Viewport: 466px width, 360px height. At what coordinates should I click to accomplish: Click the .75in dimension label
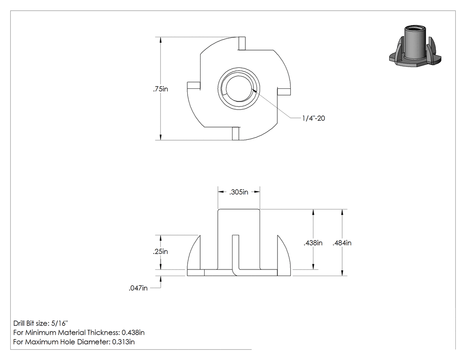pyautogui.click(x=161, y=89)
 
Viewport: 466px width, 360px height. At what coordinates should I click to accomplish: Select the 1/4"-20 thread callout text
pyautogui.click(x=313, y=119)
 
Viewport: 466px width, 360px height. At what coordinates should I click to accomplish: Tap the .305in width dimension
pyautogui.click(x=239, y=192)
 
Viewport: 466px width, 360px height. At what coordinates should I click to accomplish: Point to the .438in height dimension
pyautogui.click(x=313, y=243)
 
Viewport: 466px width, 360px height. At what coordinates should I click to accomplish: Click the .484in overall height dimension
pyautogui.click(x=342, y=243)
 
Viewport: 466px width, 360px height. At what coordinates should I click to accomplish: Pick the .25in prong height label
pyautogui.click(x=161, y=252)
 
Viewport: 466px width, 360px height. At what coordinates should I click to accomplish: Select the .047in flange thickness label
pyautogui.click(x=138, y=288)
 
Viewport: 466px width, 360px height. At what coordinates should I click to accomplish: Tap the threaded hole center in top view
pyautogui.click(x=239, y=89)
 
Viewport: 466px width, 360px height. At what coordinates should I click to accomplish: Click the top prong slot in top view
pyautogui.click(x=242, y=44)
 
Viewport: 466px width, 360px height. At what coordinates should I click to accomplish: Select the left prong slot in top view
pyautogui.click(x=194, y=85)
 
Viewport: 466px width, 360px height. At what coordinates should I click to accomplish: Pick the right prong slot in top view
pyautogui.click(x=284, y=91)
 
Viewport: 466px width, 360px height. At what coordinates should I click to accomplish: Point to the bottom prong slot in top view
pyautogui.click(x=236, y=134)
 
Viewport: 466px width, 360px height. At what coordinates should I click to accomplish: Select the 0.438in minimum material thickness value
pyautogui.click(x=133, y=332)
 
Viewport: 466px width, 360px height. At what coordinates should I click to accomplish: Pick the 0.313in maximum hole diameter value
pyautogui.click(x=123, y=342)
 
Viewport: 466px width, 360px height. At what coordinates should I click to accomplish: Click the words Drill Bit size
pyautogui.click(x=30, y=323)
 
